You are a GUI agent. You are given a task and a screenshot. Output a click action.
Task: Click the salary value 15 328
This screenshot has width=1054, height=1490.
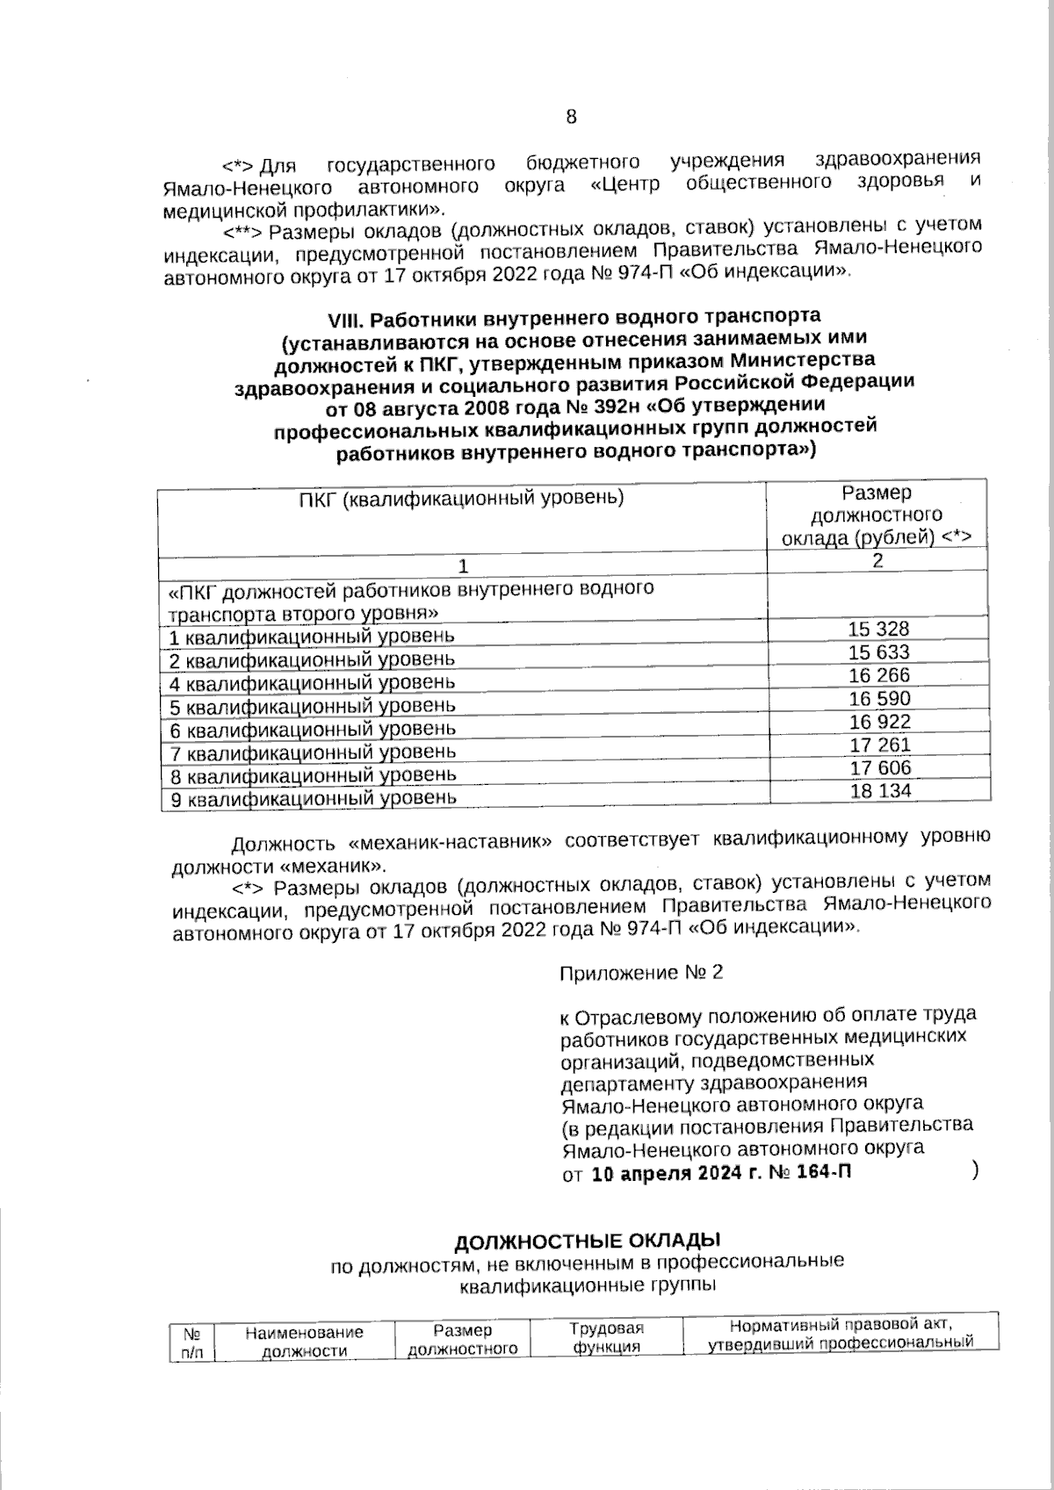878,629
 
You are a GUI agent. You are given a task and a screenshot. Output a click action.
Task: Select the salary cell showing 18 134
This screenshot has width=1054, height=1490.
880,790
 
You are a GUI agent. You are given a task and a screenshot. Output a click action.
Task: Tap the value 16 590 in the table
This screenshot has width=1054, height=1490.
879,699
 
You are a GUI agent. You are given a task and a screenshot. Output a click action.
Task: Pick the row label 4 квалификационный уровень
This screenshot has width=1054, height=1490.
313,682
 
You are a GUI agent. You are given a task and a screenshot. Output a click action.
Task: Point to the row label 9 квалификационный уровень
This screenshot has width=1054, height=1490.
313,799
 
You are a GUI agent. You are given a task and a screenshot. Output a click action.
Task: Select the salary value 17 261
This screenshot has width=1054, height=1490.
880,745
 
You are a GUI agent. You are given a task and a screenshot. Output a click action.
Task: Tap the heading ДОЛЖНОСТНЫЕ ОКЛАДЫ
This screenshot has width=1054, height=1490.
587,1241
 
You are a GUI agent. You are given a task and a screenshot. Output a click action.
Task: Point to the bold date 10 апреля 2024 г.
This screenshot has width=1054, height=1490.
667,1174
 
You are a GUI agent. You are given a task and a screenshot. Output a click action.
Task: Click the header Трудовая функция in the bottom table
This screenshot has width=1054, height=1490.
606,1337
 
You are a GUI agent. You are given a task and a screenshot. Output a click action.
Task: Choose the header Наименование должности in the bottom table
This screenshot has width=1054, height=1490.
304,1342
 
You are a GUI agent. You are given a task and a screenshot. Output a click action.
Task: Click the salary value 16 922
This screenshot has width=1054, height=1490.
879,722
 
